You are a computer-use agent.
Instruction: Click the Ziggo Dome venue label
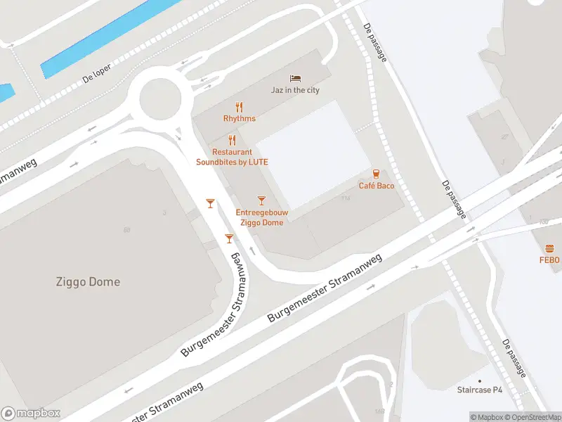pyautogui.click(x=88, y=282)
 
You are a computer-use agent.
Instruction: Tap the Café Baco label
pyautogui.click(x=377, y=186)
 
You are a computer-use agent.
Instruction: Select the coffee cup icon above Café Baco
pyautogui.click(x=377, y=173)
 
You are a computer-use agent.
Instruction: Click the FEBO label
pyautogui.click(x=549, y=260)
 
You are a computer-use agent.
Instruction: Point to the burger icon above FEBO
pyautogui.click(x=549, y=248)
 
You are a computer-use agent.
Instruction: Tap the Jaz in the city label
pyautogui.click(x=295, y=90)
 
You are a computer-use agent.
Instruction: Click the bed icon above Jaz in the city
pyautogui.click(x=295, y=77)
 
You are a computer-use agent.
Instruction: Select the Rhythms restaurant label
pyautogui.click(x=240, y=119)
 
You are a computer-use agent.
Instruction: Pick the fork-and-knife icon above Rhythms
pyautogui.click(x=240, y=107)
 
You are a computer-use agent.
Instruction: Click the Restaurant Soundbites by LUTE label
pyautogui.click(x=232, y=157)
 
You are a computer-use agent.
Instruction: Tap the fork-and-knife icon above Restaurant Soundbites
pyautogui.click(x=232, y=140)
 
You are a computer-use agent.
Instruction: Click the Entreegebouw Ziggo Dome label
pyautogui.click(x=261, y=217)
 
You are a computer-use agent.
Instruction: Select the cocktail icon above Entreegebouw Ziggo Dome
pyautogui.click(x=261, y=201)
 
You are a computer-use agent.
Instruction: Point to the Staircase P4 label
pyautogui.click(x=481, y=390)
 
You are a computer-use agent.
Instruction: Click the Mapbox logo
pyautogui.click(x=31, y=414)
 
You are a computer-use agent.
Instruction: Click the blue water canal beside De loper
pyautogui.click(x=105, y=35)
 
